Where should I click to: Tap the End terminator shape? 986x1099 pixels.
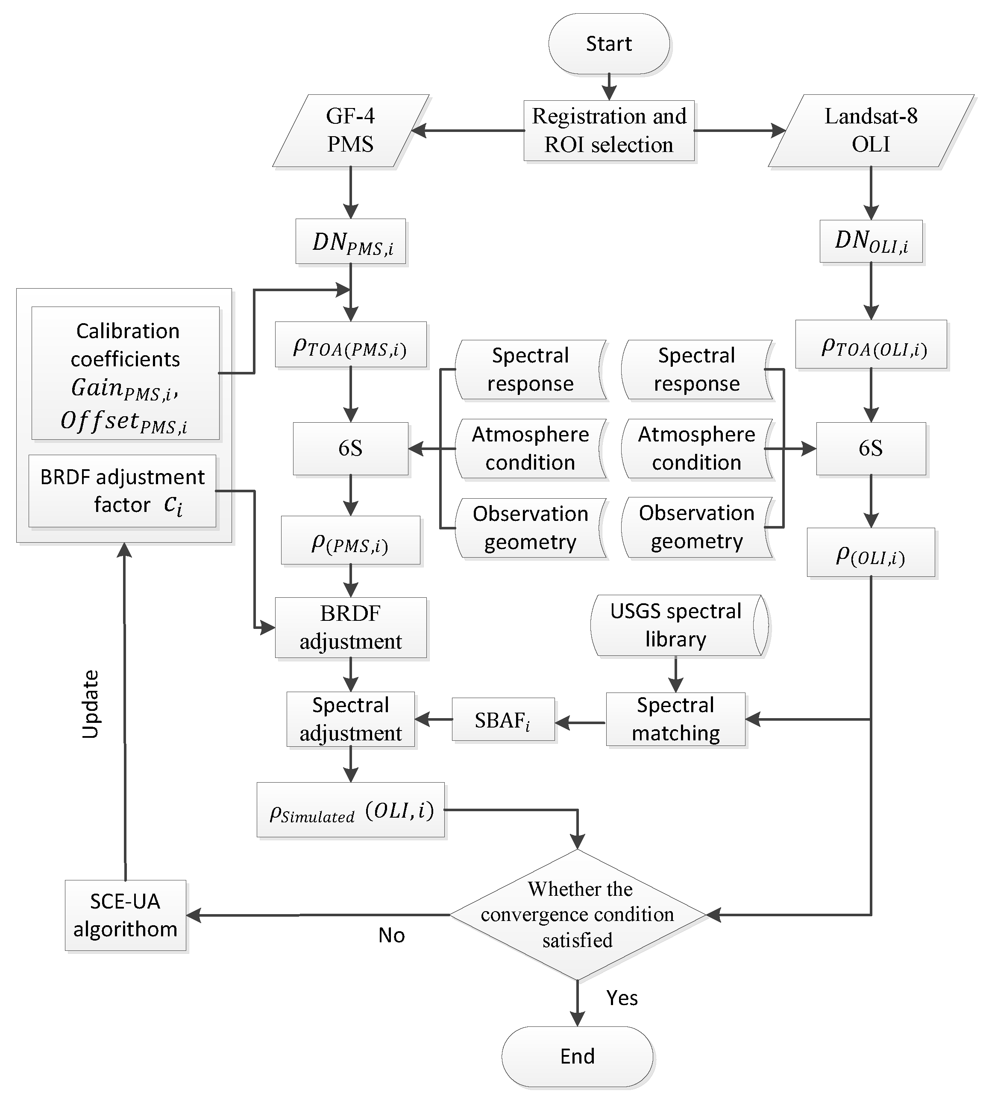577,1056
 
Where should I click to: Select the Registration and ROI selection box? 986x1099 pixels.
608,131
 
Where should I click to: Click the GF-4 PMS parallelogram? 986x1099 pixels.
350,131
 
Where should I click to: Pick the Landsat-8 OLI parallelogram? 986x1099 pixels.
871,131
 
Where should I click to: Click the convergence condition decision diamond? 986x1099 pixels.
578,915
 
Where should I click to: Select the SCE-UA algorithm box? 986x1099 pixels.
125,915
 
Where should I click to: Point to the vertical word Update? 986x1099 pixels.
91,704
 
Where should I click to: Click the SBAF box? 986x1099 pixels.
503,719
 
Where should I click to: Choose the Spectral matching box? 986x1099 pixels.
675,719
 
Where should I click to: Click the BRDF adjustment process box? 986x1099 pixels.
350,628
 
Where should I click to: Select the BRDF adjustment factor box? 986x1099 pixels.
123,491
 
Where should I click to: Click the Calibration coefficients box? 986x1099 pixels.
125,374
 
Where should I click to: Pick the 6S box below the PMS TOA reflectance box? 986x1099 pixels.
350,448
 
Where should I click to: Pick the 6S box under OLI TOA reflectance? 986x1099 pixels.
871,448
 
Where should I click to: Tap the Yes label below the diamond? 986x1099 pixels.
622,998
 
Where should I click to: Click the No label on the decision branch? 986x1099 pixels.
391,935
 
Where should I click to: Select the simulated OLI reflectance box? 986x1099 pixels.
350,810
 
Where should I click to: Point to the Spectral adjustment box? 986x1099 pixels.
350,719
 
